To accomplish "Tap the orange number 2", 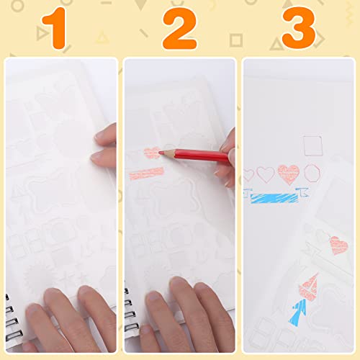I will [x=179, y=29].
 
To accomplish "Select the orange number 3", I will [x=298, y=29].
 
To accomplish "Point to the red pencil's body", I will [x=194, y=153].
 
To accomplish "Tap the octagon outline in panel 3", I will [x=312, y=174].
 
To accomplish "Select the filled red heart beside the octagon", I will [x=289, y=174].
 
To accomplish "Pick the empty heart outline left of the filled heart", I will [x=266, y=174].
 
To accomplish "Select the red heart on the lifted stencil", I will [x=338, y=246].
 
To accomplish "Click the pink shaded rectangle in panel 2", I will [x=148, y=173].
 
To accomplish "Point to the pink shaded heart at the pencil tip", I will [x=150, y=152].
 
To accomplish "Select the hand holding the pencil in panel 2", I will [x=228, y=155].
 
